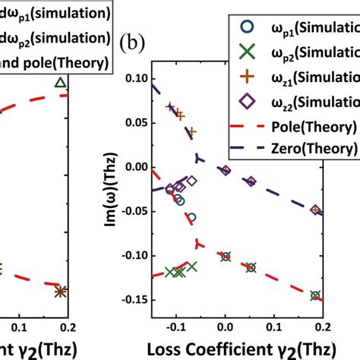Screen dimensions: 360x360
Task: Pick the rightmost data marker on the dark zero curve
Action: pos(316,210)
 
